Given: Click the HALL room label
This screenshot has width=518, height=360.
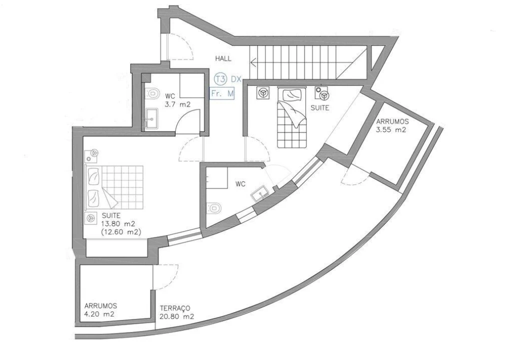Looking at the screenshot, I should click(x=223, y=58).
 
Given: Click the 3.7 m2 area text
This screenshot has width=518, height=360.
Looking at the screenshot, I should click(x=177, y=105).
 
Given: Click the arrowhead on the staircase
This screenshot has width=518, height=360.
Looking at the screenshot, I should click(x=254, y=63).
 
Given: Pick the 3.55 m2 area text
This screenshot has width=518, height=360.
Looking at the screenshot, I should click(x=391, y=130).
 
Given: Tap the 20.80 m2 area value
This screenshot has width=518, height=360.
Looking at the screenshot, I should click(x=177, y=316).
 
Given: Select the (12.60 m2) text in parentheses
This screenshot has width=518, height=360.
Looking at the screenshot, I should click(x=121, y=232).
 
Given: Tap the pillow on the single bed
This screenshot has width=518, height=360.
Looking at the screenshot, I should click(x=290, y=93).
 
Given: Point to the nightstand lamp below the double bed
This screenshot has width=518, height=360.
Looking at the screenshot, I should click(x=91, y=218).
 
